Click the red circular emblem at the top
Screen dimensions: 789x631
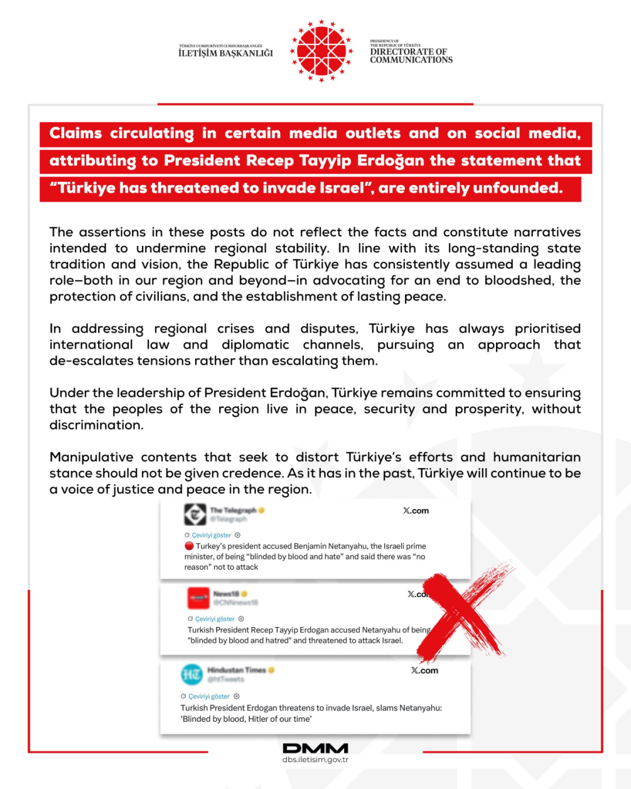(321, 51)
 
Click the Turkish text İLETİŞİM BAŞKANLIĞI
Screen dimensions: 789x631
(226, 53)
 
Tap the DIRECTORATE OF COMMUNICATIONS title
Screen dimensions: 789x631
(411, 56)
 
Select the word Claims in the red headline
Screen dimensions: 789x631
(75, 133)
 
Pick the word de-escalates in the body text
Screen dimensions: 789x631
(91, 361)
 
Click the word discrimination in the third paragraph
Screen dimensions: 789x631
(96, 425)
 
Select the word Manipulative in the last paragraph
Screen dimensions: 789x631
(91, 457)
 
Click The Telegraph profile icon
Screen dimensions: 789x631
(195, 514)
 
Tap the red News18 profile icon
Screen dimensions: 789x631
(199, 598)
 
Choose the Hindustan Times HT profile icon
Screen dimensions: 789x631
(192, 674)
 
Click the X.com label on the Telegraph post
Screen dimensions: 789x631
(415, 511)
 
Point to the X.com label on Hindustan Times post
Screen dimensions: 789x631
(424, 670)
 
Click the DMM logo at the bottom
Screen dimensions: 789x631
(315, 748)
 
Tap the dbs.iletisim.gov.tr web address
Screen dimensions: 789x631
(315, 760)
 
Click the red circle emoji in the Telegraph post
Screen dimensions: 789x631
(189, 546)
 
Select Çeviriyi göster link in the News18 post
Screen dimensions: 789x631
(214, 619)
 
